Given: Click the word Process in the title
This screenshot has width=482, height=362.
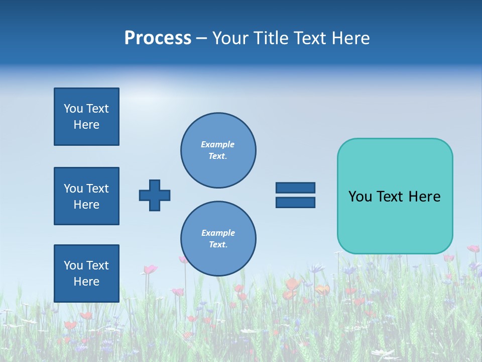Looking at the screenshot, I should pos(158,38).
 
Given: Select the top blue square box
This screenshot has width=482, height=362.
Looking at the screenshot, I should pos(86,117).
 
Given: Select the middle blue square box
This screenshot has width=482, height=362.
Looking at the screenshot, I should pos(86,196).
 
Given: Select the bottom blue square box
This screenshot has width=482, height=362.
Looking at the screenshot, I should pos(86,274).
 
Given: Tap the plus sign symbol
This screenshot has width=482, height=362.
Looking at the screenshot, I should pos(155,195).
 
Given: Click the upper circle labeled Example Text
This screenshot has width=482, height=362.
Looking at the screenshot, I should pos(218,150).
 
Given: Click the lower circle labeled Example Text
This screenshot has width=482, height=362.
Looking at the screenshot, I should pos(218,239).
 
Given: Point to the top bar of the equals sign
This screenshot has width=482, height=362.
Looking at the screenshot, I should pos(295,188).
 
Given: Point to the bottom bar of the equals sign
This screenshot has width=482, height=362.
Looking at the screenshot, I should pos(295,203).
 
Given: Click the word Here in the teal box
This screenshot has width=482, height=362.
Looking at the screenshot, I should pos(424,197).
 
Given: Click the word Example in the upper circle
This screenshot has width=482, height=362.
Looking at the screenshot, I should pos(218,145).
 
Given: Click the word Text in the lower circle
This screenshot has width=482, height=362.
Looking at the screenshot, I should pos(218,245).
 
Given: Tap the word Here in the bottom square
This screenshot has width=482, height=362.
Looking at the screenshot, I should pos(86,282).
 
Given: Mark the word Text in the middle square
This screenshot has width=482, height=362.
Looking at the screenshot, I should pos(97,189).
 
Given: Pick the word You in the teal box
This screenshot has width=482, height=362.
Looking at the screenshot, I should pos(360,197).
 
